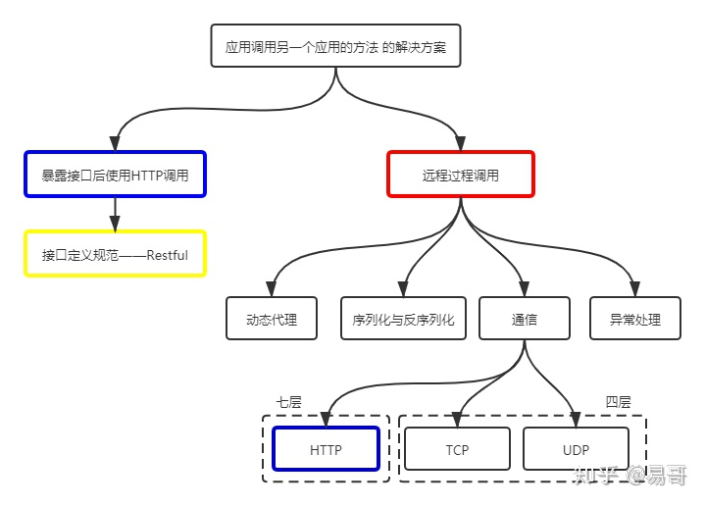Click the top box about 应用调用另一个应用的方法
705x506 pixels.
pos(335,46)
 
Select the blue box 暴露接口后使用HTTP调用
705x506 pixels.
pos(115,175)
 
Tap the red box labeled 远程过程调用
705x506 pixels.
pos(460,175)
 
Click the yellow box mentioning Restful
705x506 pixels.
pos(115,254)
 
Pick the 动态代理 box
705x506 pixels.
pos(272,319)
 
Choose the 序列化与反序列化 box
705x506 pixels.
pos(403,319)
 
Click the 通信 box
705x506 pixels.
pos(524,319)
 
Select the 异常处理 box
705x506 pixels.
pos(634,319)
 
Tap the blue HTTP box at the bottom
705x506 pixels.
pos(326,450)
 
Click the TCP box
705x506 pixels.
pos(457,450)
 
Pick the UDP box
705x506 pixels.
pos(576,450)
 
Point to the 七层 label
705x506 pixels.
pos(288,402)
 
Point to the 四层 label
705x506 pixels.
pos(618,402)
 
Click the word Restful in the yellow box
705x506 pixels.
pos(167,255)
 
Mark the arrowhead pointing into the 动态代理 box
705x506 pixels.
pos(272,289)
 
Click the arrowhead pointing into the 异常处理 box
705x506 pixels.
pos(634,289)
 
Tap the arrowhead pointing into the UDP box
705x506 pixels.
pos(576,420)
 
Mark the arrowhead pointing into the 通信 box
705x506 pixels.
pos(524,289)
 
